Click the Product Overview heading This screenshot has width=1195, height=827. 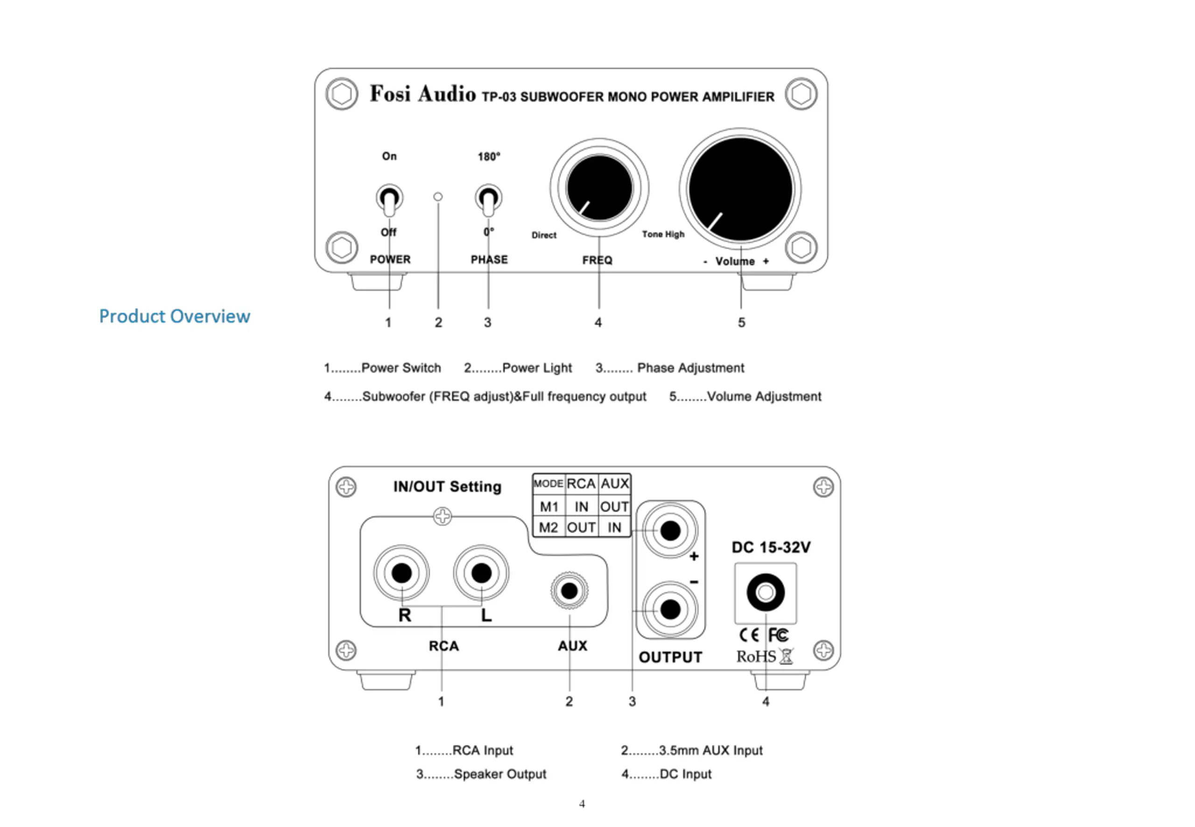(175, 316)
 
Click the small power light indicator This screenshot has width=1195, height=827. (438, 196)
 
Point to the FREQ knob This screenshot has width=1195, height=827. (599, 188)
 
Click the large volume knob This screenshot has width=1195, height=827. (740, 189)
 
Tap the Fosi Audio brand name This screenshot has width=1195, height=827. (422, 94)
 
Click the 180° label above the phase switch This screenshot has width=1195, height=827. (489, 156)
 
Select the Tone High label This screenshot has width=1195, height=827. (663, 234)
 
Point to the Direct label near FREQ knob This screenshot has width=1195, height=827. (544, 235)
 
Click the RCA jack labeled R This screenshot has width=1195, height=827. (401, 573)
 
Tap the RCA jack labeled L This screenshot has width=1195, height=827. (481, 573)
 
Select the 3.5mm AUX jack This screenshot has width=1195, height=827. (569, 591)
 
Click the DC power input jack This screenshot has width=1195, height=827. (766, 592)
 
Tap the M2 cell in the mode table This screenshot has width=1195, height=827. (549, 527)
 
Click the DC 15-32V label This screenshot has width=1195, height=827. (771, 548)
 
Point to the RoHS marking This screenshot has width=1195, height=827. (757, 657)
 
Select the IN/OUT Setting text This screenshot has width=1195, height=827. (448, 487)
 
